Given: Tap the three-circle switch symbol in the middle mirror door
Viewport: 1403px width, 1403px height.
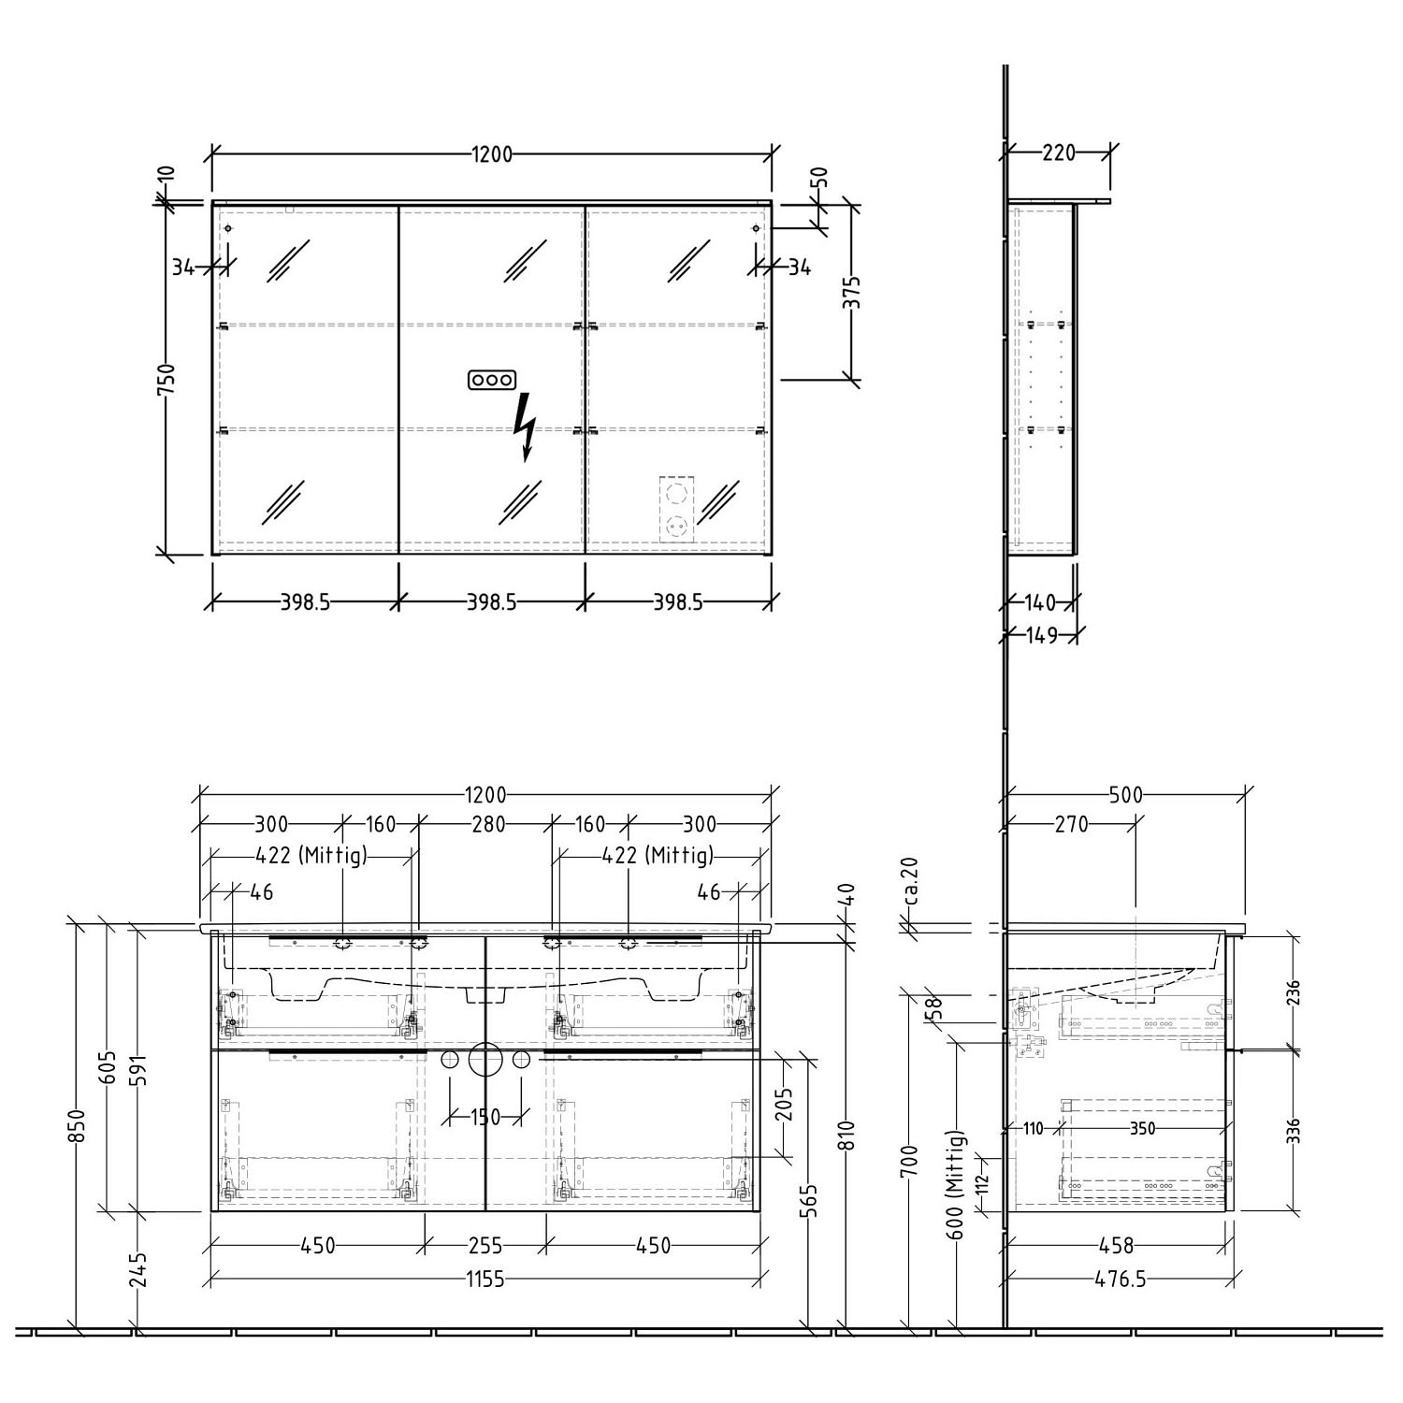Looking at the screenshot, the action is pyautogui.click(x=491, y=380).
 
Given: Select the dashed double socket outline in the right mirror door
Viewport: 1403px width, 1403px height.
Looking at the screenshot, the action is pyautogui.click(x=675, y=510).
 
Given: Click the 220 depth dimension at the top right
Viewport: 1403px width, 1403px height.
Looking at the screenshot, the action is pyautogui.click(x=1058, y=152).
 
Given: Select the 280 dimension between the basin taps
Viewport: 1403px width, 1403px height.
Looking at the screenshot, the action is pyautogui.click(x=487, y=824).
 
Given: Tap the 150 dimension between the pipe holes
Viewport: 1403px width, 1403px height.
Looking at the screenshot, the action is pyautogui.click(x=484, y=1116).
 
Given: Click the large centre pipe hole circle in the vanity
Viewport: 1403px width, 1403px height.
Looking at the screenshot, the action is pyautogui.click(x=485, y=1059).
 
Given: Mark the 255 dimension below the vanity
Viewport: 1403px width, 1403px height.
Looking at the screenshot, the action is pyautogui.click(x=485, y=1246).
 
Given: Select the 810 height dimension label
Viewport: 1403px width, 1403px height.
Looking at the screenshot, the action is pyautogui.click(x=850, y=1138).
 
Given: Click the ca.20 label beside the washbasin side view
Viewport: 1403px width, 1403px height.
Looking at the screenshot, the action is pyautogui.click(x=912, y=882).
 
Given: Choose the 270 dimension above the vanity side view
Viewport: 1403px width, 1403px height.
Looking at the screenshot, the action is pyautogui.click(x=1071, y=824).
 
